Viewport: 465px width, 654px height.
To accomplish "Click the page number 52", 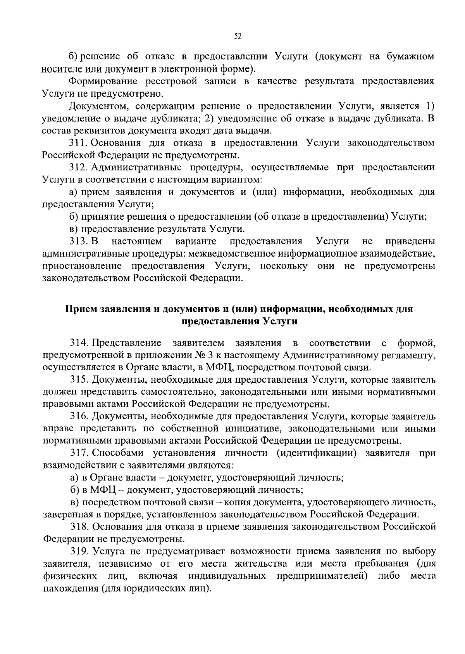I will pyautogui.click(x=238, y=36).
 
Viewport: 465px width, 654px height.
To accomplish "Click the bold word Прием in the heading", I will pyautogui.click(x=81, y=309).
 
